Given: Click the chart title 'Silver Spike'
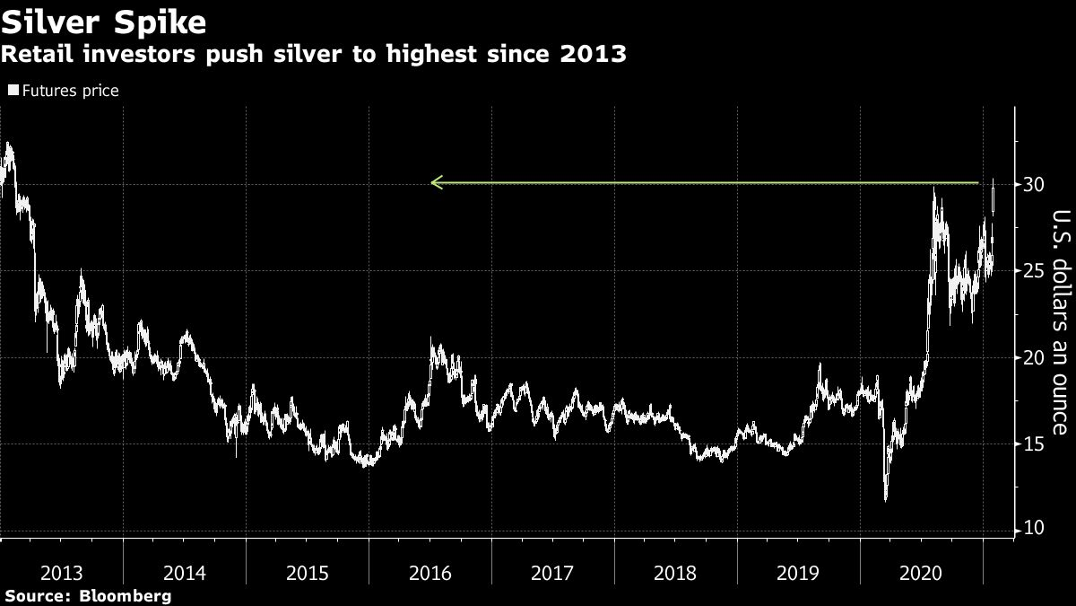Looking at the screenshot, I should pyautogui.click(x=103, y=21).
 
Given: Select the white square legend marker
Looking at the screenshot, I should pyautogui.click(x=13, y=91).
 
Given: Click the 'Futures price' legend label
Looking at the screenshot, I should pyautogui.click(x=71, y=91).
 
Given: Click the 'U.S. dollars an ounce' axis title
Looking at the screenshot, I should pyautogui.click(x=1060, y=322).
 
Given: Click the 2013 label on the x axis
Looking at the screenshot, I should pyautogui.click(x=62, y=572).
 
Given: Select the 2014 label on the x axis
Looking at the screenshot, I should pyautogui.click(x=185, y=572).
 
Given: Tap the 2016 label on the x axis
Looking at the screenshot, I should pyautogui.click(x=430, y=572).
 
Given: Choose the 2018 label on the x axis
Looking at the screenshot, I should pyautogui.click(x=676, y=572).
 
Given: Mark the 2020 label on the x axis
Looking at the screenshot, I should pyautogui.click(x=921, y=572).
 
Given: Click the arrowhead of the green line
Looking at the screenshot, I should pyautogui.click(x=435, y=183).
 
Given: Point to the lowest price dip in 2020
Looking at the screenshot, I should pyautogui.click(x=886, y=500).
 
